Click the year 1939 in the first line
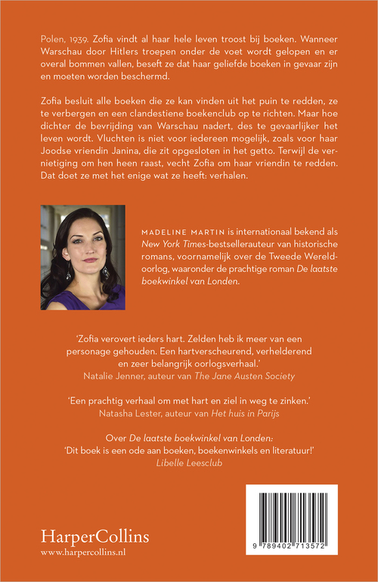pyautogui.click(x=78, y=37)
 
